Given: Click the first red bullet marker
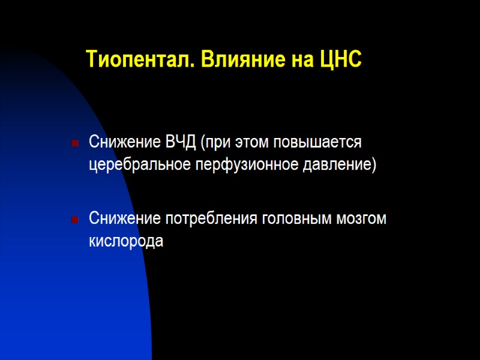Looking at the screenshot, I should (74, 144).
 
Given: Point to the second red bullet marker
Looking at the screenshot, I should (74, 220).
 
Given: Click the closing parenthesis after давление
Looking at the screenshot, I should (374, 164).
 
